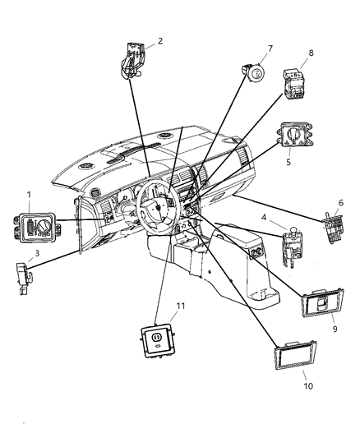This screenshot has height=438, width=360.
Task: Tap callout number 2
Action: point(159,40)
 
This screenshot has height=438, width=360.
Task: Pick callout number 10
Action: point(309,385)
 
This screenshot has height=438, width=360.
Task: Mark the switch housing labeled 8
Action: point(295,85)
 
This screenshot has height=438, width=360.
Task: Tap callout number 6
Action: point(340,202)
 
